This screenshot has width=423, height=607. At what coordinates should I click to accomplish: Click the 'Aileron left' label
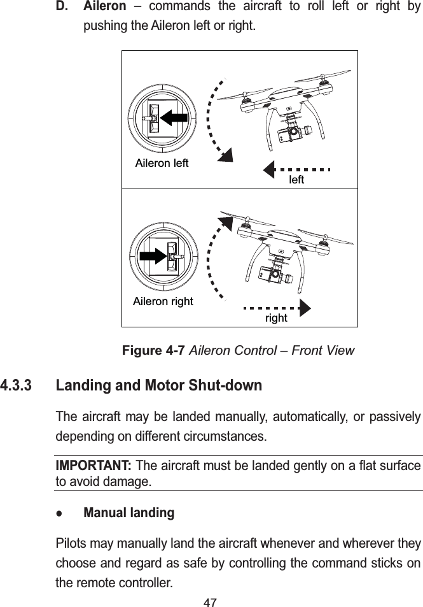pyautogui.click(x=162, y=163)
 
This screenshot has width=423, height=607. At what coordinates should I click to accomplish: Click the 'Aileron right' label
pyautogui.click(x=163, y=301)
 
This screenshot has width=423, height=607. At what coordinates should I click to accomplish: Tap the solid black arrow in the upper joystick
pyautogui.click(x=172, y=118)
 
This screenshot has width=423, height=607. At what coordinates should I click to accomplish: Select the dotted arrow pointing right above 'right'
pyautogui.click(x=277, y=306)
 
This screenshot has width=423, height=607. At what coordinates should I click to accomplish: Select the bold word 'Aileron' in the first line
pyautogui.click(x=105, y=8)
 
